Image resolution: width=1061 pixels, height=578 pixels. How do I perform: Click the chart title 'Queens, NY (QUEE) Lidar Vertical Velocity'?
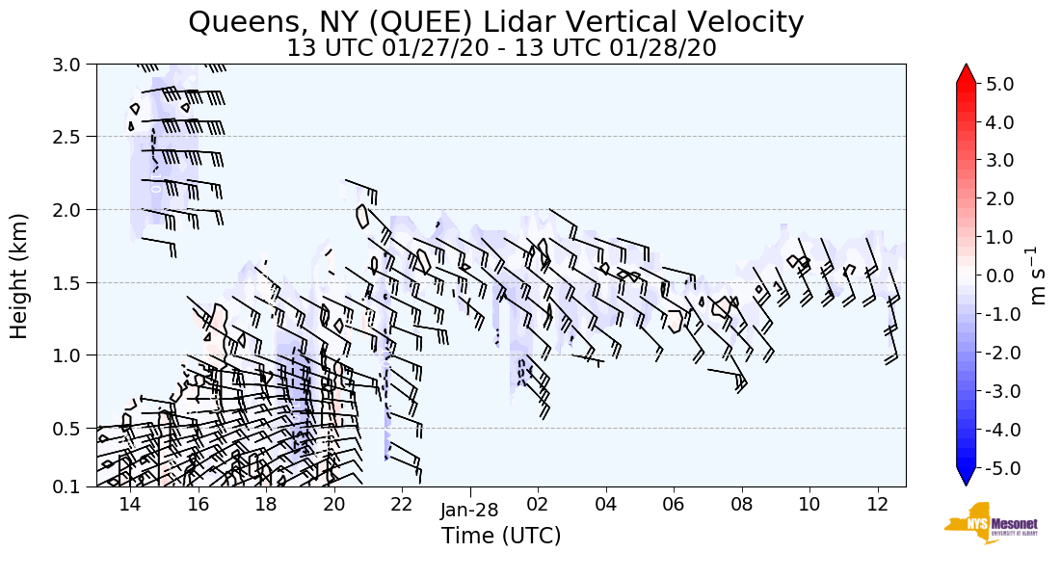coord(496,21)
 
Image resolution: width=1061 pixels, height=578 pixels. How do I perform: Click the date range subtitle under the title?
coord(501,48)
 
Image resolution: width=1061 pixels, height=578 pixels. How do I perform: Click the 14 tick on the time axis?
coord(129,505)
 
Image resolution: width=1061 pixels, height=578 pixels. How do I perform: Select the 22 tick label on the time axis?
coord(402,505)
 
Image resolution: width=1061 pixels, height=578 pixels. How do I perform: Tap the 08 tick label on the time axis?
coord(741,505)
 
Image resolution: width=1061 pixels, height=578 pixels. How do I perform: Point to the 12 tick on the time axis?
coord(877,505)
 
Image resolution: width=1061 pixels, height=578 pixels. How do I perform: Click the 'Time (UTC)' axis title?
coord(501,536)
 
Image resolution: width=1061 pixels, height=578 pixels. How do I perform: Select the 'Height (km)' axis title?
coord(20,276)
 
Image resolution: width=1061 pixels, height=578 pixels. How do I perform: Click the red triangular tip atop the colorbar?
coord(966,74)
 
